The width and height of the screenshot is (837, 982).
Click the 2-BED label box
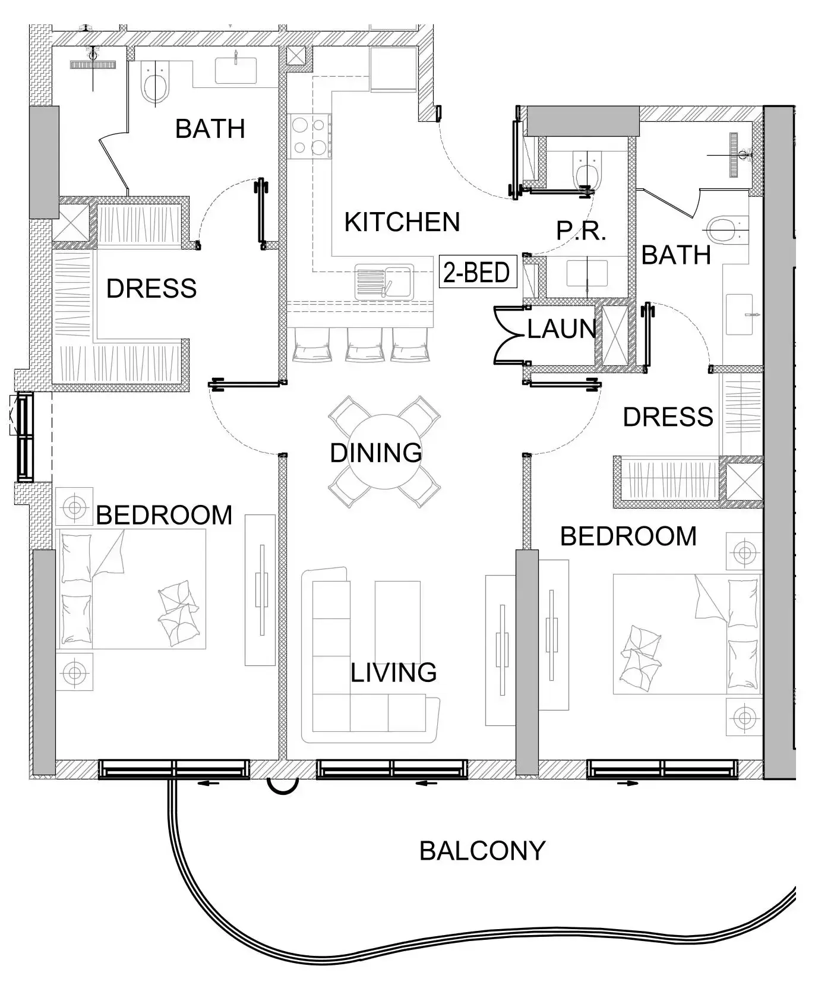477,273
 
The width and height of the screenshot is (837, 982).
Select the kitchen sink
384,282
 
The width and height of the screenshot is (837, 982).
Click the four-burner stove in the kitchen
310,135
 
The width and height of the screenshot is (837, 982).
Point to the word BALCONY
482,851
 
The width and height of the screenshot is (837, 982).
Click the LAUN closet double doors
510,335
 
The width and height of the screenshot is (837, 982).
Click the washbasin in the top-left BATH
236,70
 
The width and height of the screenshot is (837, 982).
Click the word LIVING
393,672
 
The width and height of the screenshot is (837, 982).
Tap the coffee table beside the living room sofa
397,621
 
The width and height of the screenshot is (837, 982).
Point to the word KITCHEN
402,222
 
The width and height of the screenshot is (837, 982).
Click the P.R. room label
581,231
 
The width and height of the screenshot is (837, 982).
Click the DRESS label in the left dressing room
151,289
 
